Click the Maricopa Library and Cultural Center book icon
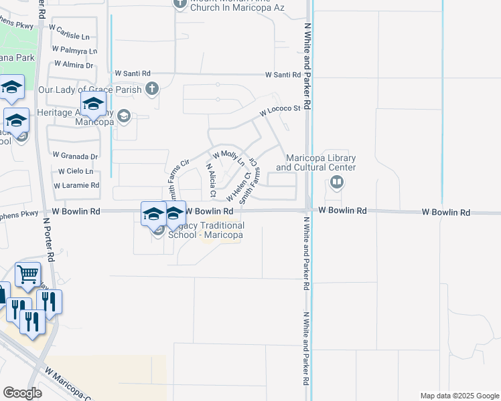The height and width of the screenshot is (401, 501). pyautogui.click(x=337, y=182)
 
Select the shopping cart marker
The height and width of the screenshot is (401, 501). pyautogui.click(x=27, y=274)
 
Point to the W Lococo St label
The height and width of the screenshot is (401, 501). pyautogui.click(x=280, y=110)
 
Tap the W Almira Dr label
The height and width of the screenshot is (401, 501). pyautogui.click(x=72, y=65)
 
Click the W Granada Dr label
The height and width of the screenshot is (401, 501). pyautogui.click(x=75, y=156)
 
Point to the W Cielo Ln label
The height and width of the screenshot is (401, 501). pyautogui.click(x=76, y=171)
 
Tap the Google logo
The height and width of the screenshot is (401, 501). pyautogui.click(x=22, y=392)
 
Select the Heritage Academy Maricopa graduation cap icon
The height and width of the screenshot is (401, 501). pyautogui.click(x=123, y=117)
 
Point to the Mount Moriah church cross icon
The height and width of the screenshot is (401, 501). pyautogui.click(x=179, y=3)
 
